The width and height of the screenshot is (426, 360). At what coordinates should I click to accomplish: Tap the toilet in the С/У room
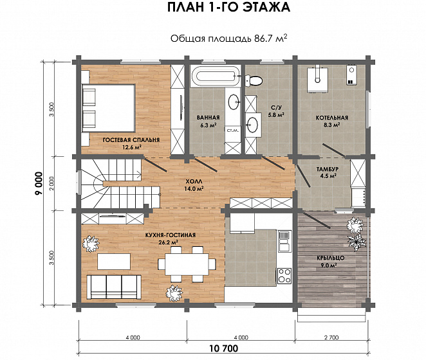coord(254,80)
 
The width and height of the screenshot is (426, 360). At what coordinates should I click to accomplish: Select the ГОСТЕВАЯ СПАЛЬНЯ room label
coord(131,140)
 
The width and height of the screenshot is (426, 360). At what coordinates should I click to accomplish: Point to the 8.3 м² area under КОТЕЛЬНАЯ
coord(332,125)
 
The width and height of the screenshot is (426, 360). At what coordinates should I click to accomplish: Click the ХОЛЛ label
coord(194,181)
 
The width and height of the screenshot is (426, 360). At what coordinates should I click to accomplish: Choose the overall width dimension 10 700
coord(224,348)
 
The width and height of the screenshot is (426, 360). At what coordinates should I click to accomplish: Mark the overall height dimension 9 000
coord(39,183)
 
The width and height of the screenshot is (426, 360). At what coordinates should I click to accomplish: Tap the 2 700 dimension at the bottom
coord(331,337)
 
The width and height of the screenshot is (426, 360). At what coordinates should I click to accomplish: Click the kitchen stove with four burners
coord(284,276)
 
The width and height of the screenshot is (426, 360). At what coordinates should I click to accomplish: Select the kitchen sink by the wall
coord(284,241)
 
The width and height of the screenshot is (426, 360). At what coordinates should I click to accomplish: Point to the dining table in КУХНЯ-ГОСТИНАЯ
coord(187,264)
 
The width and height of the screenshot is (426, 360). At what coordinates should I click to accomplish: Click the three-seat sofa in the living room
coord(114,287)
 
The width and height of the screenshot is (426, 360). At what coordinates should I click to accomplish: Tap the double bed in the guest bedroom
coord(109,108)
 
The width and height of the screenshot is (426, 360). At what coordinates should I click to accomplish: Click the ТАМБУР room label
coord(328,169)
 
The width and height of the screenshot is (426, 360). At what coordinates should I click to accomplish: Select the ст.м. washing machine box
coord(233,130)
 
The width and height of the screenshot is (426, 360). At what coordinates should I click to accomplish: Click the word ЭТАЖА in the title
coord(266,7)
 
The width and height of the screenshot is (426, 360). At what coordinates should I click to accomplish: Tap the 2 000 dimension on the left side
coord(52,183)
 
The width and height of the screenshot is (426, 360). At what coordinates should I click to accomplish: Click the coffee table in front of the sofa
coord(113,261)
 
